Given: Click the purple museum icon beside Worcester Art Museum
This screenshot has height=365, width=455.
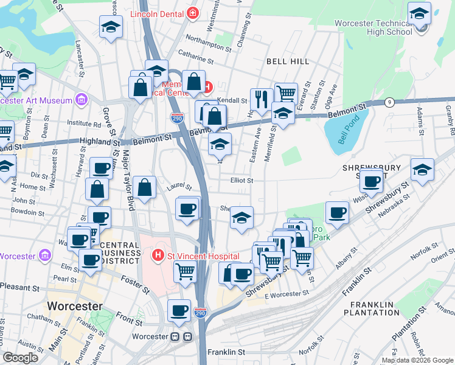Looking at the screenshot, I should (x=80, y=100).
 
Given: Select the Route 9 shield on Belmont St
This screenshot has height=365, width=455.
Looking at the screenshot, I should (x=388, y=102).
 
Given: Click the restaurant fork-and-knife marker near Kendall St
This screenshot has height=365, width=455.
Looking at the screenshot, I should (x=262, y=99).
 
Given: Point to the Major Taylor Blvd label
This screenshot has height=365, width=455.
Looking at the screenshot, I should (x=128, y=180).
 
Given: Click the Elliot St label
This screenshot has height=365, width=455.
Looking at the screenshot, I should (x=241, y=180).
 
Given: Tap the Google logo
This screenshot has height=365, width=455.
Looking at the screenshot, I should (x=21, y=358).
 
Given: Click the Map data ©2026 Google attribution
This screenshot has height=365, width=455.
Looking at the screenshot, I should (x=417, y=360).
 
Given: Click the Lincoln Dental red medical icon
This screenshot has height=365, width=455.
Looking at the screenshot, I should (x=193, y=12).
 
